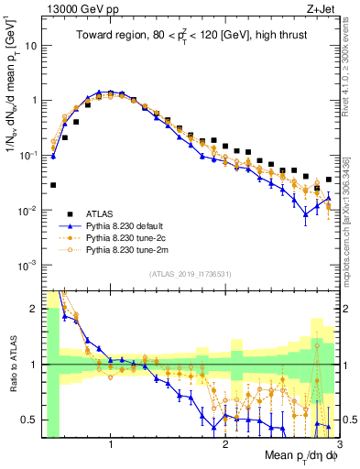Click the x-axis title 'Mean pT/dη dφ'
(x=300, y=456)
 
